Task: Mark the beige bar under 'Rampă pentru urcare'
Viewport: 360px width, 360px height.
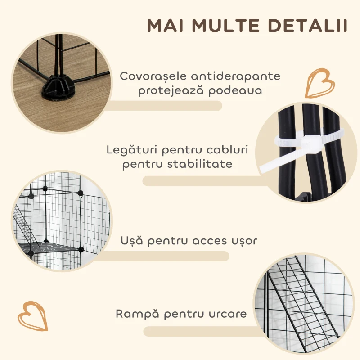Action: tap(202, 331)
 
